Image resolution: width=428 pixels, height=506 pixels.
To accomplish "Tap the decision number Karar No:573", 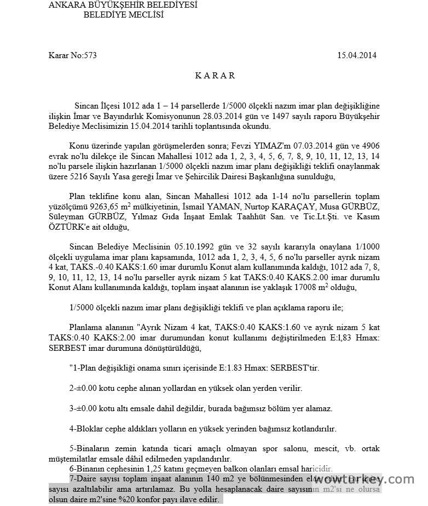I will click(72, 55).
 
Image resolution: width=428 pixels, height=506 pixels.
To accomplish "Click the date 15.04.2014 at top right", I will click(357, 55).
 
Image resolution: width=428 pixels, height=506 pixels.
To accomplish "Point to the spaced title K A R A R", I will click(215, 76).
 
